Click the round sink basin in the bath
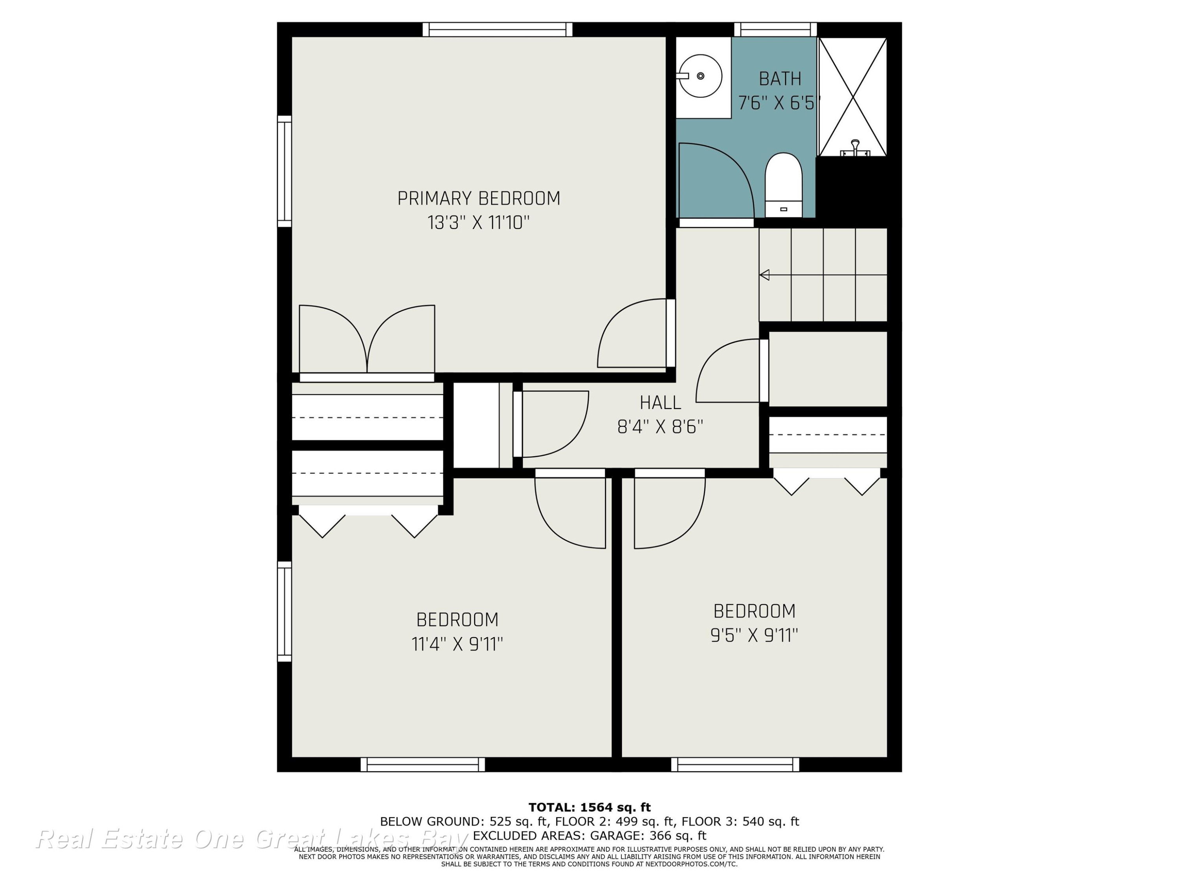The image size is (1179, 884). pos(700,76)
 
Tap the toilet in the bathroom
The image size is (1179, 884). pos(784,185)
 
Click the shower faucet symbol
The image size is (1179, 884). pos(855,148)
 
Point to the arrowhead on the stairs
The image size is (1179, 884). pos(764,275)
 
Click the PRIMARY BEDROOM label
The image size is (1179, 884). pos(479,198)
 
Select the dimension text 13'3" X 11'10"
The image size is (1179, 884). pos(479,222)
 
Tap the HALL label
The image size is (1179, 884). pos(660,402)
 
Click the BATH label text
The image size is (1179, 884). pos(780,79)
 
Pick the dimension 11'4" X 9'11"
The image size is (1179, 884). pos(457,644)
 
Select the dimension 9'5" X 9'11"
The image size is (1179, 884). pos(754,635)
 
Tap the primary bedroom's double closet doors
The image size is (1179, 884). pos(367,339)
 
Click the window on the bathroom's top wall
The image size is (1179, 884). pos(775,29)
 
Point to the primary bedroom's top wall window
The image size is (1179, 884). pos(497,29)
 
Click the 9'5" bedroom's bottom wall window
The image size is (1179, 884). pos(735,765)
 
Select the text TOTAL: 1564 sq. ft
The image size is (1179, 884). pos(589,807)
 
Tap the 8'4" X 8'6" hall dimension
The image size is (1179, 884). pos(660,427)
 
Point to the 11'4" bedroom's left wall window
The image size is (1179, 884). pos(285,611)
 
